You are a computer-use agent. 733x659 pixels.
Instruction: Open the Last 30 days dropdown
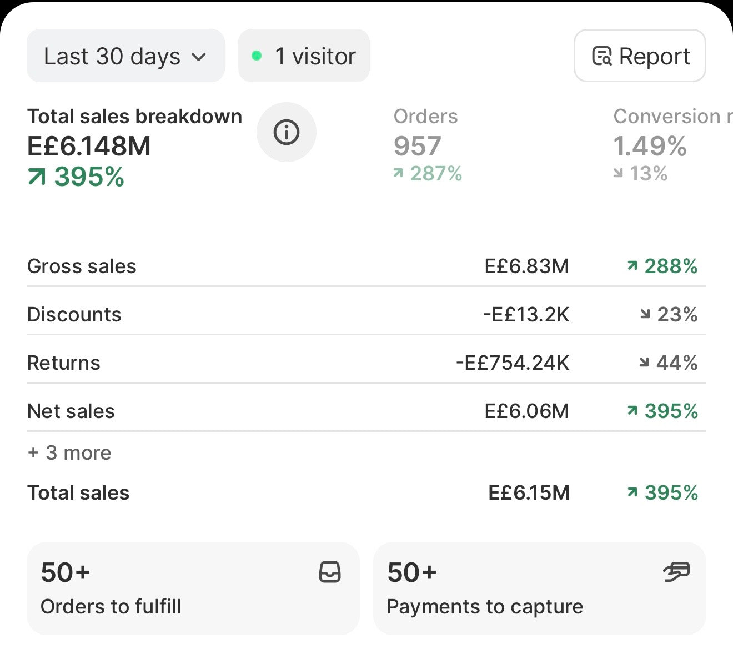125,56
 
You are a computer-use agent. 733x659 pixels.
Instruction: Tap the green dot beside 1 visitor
257,56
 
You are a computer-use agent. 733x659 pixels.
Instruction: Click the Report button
640,56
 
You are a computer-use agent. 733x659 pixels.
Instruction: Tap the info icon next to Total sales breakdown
287,132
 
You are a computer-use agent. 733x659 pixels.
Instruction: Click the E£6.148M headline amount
89,146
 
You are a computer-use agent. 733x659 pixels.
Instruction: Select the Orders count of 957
417,146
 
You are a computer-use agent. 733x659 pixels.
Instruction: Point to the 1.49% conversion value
650,146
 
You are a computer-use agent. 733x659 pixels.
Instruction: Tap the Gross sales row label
82,266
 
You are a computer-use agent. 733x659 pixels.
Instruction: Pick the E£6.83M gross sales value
526,266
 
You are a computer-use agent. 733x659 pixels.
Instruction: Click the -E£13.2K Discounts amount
526,314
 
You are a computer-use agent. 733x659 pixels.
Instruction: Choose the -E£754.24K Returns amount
513,363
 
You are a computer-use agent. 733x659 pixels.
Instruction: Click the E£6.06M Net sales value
526,411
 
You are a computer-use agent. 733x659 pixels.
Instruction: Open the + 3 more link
69,453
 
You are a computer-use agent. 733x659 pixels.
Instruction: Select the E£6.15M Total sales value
529,492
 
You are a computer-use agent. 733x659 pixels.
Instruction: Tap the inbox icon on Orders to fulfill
330,572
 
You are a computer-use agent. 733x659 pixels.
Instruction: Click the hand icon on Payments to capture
677,572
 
